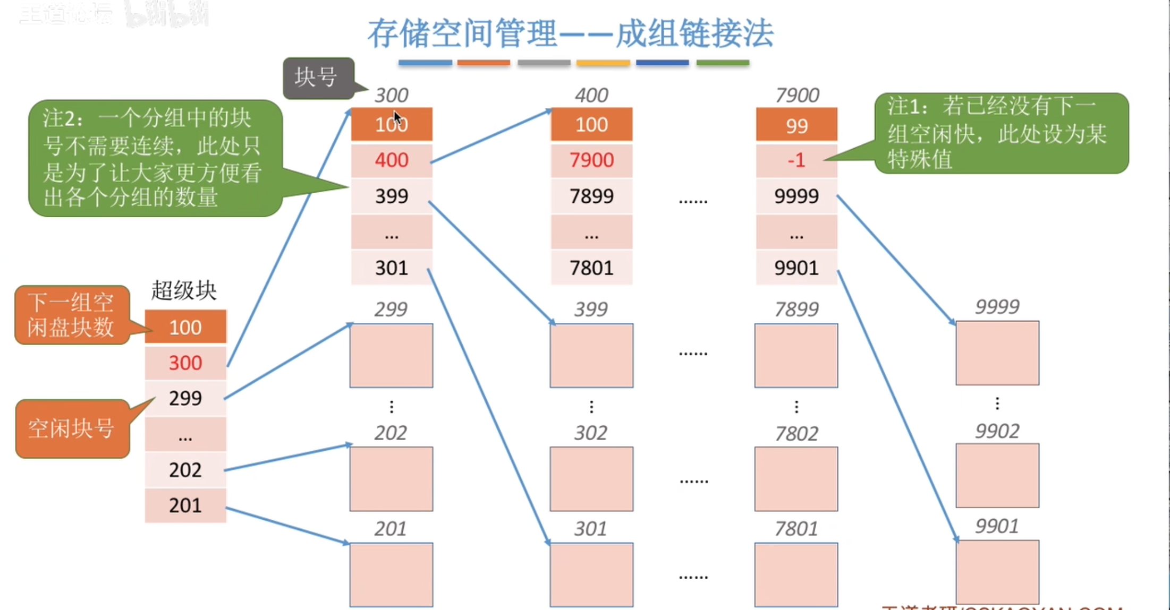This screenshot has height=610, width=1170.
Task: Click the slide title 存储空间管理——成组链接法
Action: (570, 33)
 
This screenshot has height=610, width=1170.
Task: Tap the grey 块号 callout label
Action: (318, 78)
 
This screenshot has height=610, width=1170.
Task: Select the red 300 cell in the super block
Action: (185, 363)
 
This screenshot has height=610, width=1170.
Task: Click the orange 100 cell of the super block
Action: (185, 328)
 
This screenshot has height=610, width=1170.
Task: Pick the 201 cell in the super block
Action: (185, 505)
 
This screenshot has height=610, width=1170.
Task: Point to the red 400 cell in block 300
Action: (392, 160)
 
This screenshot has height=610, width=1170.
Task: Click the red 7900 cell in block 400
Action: (591, 160)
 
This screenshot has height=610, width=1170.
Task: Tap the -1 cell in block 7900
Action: (796, 160)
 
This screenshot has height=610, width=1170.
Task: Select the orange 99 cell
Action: (796, 126)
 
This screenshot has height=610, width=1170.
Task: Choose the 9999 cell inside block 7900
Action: (796, 196)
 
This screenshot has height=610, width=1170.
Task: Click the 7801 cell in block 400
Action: (591, 268)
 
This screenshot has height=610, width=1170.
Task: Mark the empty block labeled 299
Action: (391, 355)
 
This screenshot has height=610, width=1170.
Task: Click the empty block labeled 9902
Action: (997, 475)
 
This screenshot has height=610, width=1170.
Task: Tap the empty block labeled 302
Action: (591, 478)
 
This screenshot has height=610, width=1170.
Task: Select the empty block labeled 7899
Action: (796, 355)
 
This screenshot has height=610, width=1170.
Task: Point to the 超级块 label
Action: (184, 290)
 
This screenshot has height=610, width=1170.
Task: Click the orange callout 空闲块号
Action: (72, 428)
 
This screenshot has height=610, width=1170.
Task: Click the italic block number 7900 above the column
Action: (796, 96)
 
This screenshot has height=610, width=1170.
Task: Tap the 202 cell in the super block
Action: (185, 470)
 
